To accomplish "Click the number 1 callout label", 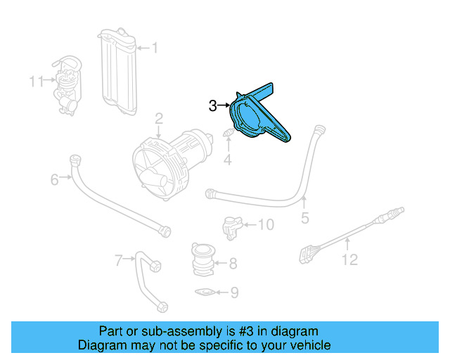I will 155,49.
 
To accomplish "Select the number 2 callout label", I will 160,118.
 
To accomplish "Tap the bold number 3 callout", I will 214,105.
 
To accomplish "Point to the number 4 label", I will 227,161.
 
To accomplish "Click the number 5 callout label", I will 304,219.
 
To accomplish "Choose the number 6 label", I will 54,180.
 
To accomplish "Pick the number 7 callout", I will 119,261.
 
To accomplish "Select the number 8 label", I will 233,264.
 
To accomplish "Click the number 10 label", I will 265,225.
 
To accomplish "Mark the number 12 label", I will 349,260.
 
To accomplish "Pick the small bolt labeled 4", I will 228,134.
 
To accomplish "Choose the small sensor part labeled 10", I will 232,226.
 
